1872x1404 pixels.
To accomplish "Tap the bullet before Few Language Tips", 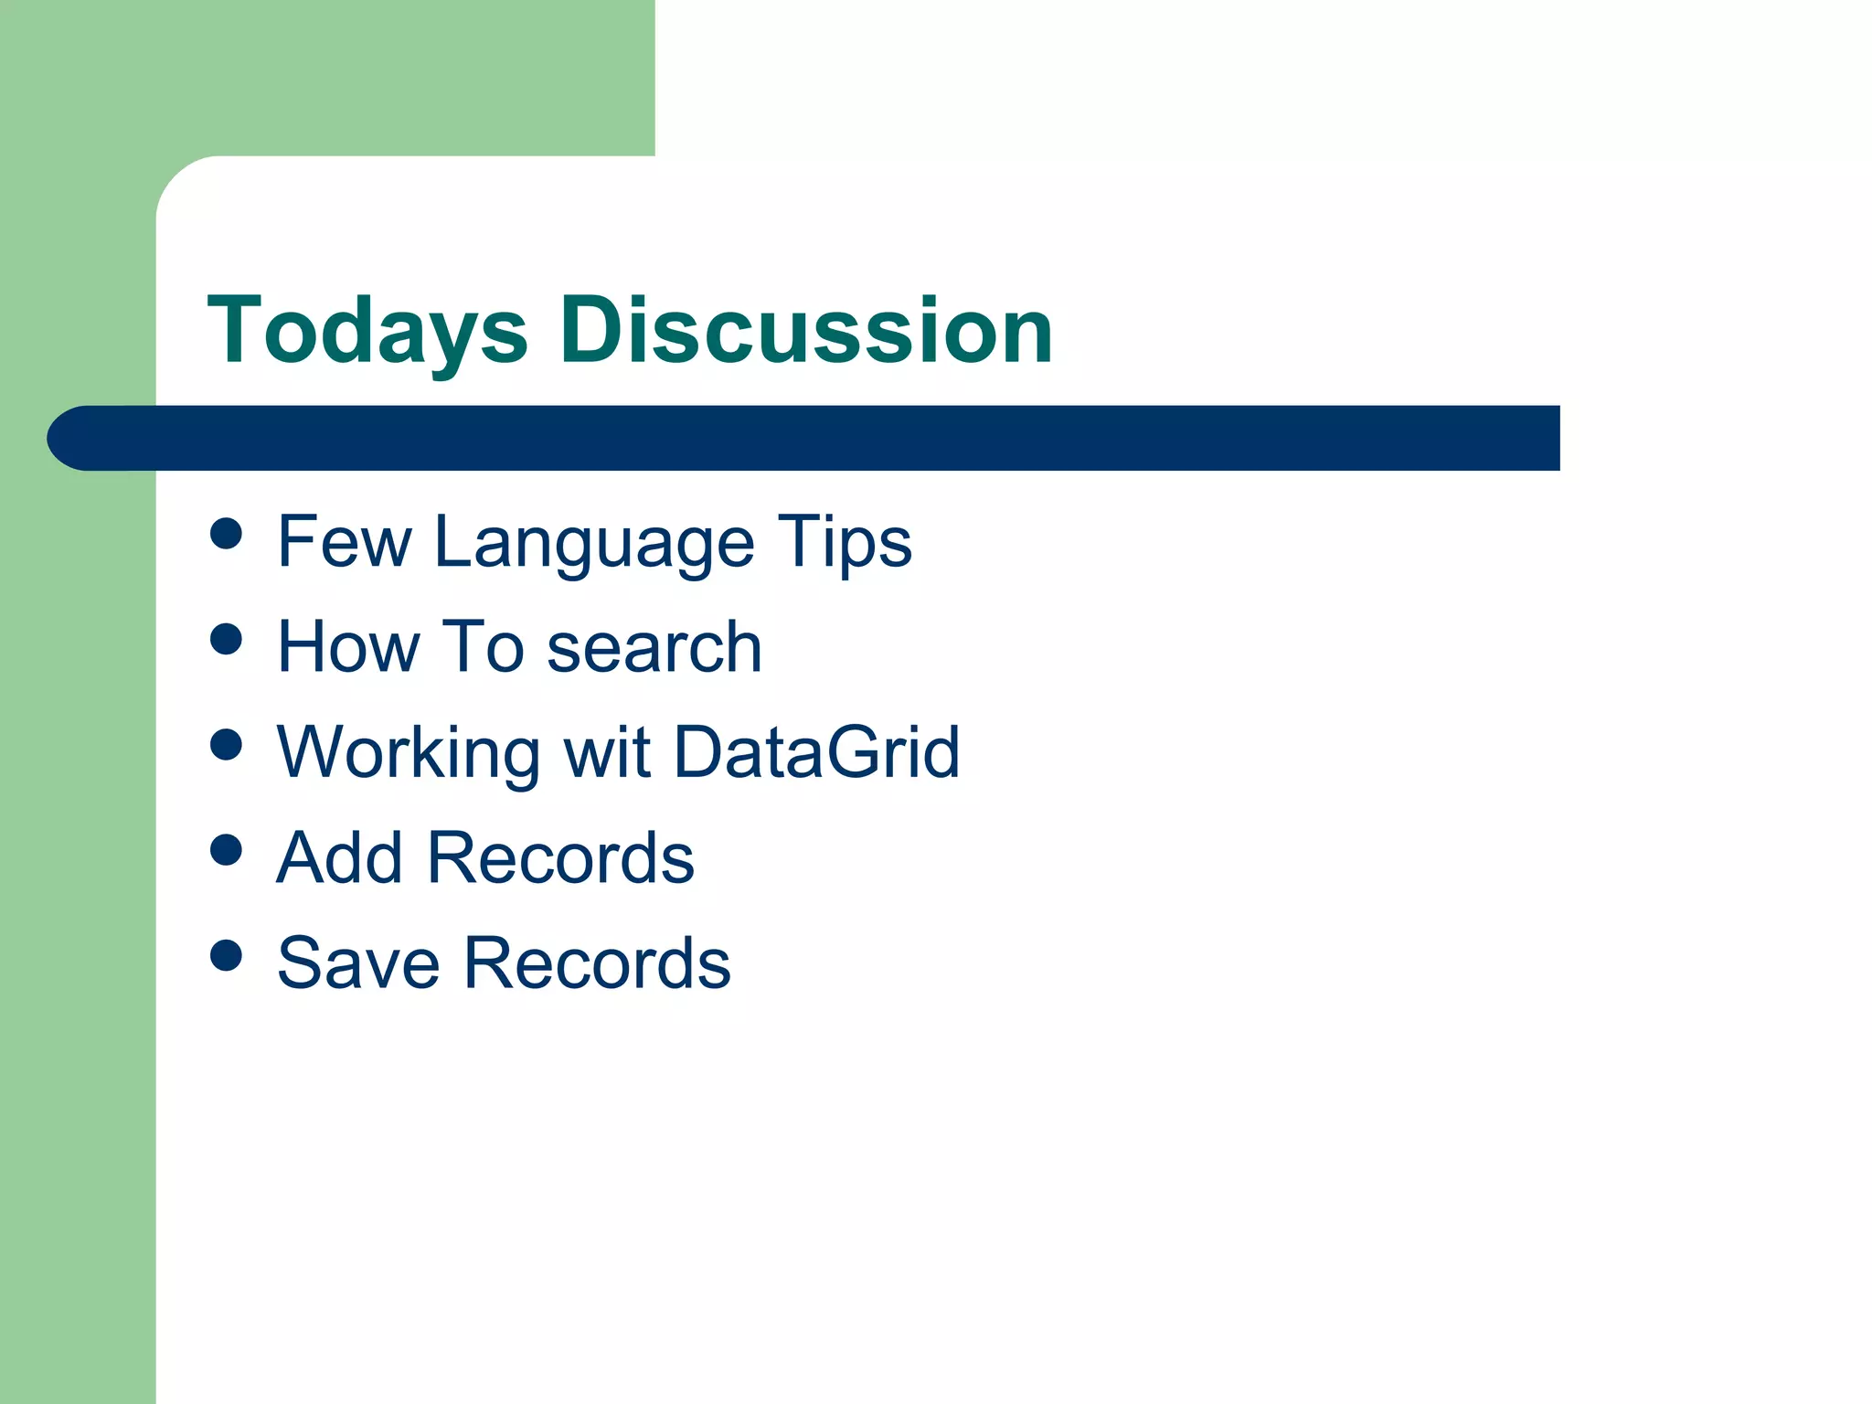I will tap(226, 533).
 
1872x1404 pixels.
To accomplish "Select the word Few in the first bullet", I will tap(344, 542).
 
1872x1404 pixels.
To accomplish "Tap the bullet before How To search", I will tap(226, 639).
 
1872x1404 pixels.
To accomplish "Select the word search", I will tap(654, 647).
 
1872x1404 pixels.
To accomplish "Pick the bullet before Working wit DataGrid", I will tap(226, 744).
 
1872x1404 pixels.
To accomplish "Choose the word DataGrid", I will tap(817, 753).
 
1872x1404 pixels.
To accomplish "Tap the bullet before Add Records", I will tap(226, 850).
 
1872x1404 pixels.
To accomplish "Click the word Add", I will tap(339, 858).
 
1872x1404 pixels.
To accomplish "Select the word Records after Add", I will tap(560, 858).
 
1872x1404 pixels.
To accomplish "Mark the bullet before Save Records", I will tap(226, 955).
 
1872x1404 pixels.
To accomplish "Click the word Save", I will tap(358, 963).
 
